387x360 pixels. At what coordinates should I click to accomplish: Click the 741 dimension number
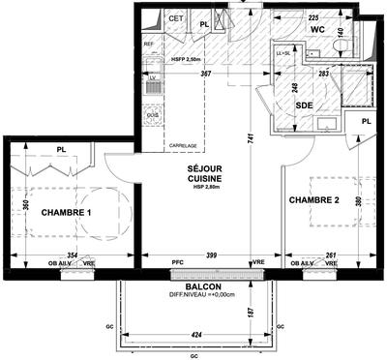250,138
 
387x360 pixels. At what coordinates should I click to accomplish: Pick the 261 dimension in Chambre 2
329,254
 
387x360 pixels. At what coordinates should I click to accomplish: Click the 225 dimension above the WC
313,16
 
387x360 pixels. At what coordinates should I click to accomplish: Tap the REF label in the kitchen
149,45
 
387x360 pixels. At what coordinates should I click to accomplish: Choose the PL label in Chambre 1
60,149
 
